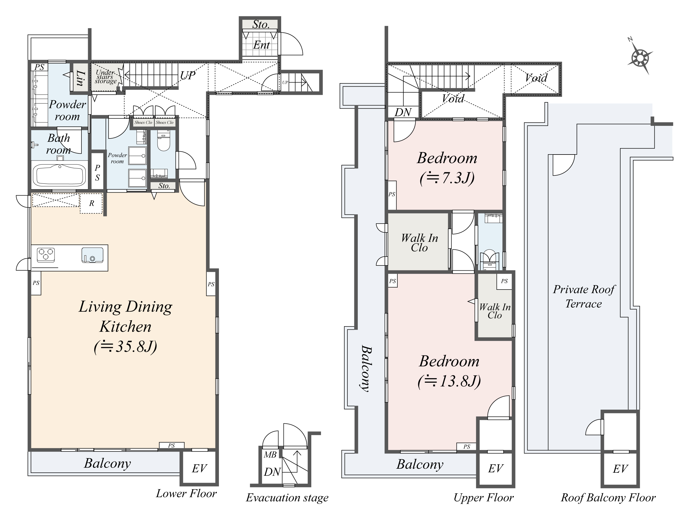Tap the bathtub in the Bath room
tap(59, 175)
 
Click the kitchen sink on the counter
tap(92, 255)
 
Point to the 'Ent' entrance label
tap(261, 45)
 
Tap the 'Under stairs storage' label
tap(106, 77)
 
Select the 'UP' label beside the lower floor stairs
tap(188, 75)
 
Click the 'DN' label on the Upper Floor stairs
tap(403, 112)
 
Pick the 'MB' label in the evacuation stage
tap(270, 455)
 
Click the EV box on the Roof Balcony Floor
tap(620, 469)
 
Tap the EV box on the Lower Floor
tap(199, 468)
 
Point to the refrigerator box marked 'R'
tap(92, 203)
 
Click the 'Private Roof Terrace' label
tap(584, 296)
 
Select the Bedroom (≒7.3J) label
tap(447, 168)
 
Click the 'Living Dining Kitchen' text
tap(125, 316)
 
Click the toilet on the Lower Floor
tap(163, 140)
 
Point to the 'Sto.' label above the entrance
tap(261, 24)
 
